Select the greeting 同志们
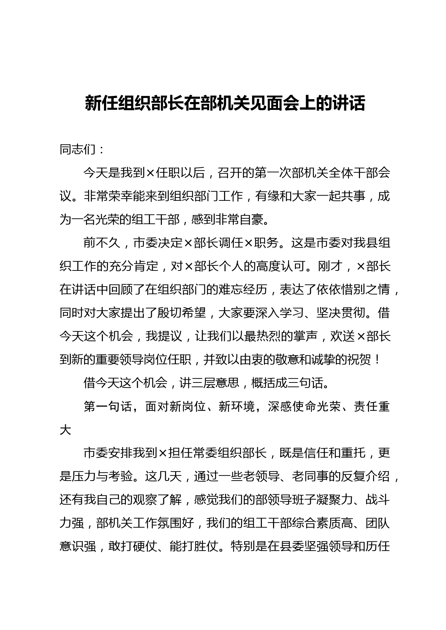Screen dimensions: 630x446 click(x=77, y=149)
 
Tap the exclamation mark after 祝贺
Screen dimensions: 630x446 click(x=377, y=360)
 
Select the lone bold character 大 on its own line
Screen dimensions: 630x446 click(x=65, y=430)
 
